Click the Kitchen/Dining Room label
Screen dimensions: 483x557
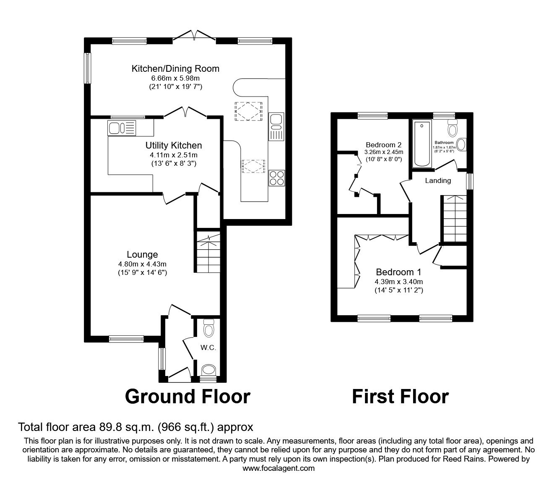tap(175, 69)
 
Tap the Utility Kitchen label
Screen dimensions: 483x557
tap(174, 146)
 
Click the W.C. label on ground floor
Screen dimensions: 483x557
tap(208, 347)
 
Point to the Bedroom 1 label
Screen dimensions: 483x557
tap(398, 272)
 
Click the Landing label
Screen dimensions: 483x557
tap(438, 181)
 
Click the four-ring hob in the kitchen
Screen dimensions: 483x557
tap(277, 178)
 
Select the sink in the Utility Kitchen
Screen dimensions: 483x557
tap(122, 128)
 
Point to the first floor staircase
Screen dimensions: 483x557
tap(453, 219)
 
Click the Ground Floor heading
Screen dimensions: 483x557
tap(187, 397)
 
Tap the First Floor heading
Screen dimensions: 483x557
tap(400, 397)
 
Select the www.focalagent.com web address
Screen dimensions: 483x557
tap(278, 468)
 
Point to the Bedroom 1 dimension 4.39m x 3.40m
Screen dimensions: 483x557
tap(398, 282)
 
